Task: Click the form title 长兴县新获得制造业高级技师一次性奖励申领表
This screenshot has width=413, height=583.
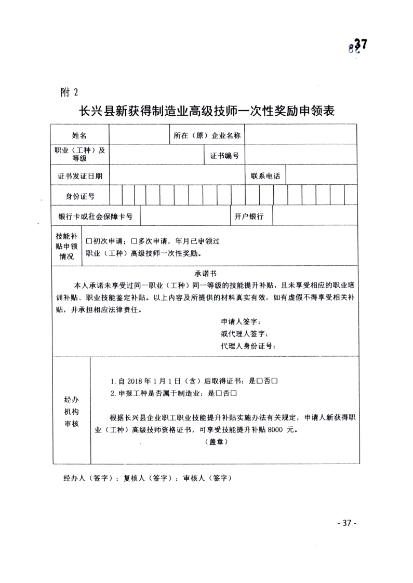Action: [206, 111]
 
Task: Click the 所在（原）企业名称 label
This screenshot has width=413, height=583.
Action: [207, 135]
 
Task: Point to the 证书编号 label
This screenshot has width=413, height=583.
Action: [224, 156]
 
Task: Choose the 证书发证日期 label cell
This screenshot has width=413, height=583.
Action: [80, 176]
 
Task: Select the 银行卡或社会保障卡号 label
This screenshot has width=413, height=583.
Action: [96, 216]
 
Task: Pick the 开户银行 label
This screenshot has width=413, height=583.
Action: [249, 216]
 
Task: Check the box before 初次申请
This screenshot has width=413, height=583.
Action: [89, 241]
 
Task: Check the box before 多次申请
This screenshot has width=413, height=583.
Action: [134, 241]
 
